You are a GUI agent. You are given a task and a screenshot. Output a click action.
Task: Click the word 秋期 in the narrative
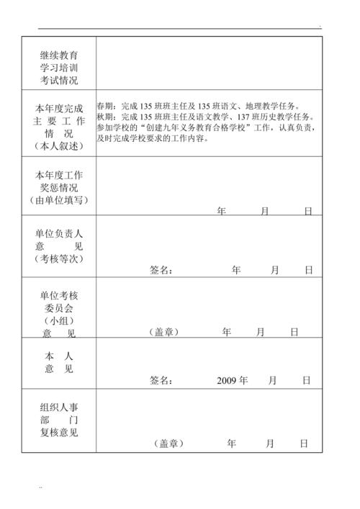105,117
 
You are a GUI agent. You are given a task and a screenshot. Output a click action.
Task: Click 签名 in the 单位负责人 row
161,271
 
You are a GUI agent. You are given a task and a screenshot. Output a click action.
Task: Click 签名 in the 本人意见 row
161,380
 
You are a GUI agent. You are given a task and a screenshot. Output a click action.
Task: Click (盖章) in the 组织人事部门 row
169,443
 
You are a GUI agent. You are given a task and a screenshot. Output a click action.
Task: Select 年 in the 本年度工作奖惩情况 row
222,211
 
